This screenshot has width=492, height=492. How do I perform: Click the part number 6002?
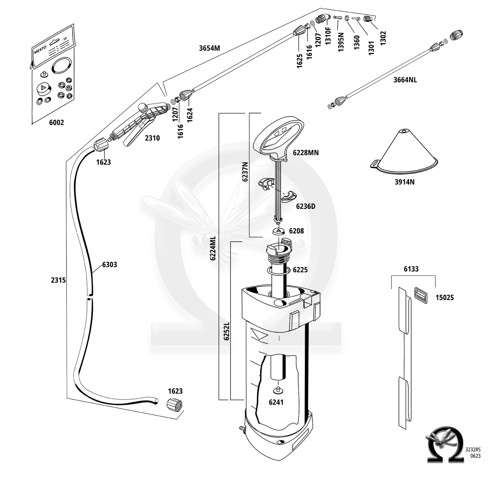[56, 123]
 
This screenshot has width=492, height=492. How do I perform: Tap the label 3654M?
[209, 48]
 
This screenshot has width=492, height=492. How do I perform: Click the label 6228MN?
[306, 153]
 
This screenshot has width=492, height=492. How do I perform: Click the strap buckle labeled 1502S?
[421, 295]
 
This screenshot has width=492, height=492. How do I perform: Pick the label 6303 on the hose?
[109, 264]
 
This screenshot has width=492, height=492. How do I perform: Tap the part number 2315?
[58, 280]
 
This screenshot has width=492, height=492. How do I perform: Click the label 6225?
[300, 270]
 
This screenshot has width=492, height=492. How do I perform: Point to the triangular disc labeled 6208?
[279, 231]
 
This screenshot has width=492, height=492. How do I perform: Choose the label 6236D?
[305, 206]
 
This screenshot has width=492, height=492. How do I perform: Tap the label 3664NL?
[405, 80]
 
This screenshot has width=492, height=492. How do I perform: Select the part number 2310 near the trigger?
[152, 138]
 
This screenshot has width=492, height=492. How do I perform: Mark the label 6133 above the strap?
[411, 269]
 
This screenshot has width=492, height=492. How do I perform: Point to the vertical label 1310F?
[329, 36]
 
